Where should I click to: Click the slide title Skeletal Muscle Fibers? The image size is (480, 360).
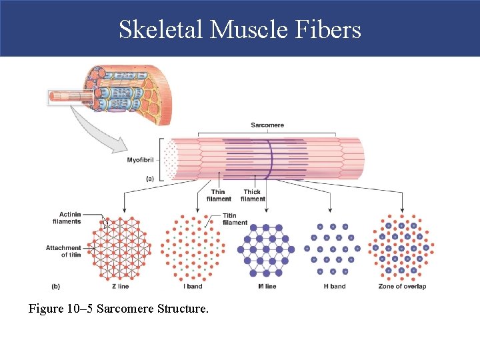(240, 29)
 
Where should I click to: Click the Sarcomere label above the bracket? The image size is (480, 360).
(267, 125)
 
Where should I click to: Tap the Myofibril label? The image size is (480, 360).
(140, 160)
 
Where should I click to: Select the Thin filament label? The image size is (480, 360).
(219, 195)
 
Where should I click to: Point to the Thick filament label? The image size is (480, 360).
(253, 195)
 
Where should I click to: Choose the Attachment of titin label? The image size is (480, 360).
(63, 251)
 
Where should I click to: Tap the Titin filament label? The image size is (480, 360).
(235, 219)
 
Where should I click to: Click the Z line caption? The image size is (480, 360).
(120, 286)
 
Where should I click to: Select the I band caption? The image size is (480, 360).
(193, 286)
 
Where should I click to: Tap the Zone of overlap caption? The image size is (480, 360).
(402, 286)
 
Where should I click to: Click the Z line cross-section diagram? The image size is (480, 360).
(121, 248)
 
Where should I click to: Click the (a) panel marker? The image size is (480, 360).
(150, 178)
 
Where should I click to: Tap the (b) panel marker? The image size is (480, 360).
(55, 286)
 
